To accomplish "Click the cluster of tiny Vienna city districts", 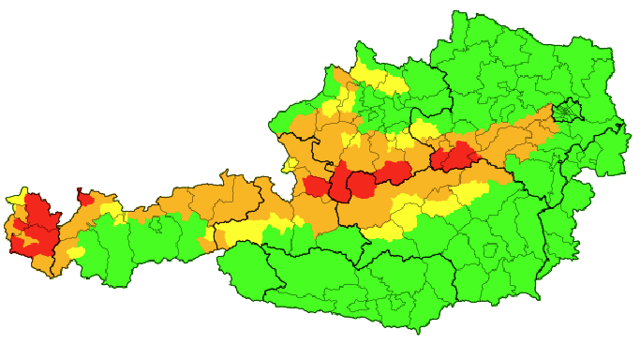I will (566, 113).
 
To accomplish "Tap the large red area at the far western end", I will (36, 223).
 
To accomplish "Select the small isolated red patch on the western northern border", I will (86, 199).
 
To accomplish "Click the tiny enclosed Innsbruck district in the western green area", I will (150, 225).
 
